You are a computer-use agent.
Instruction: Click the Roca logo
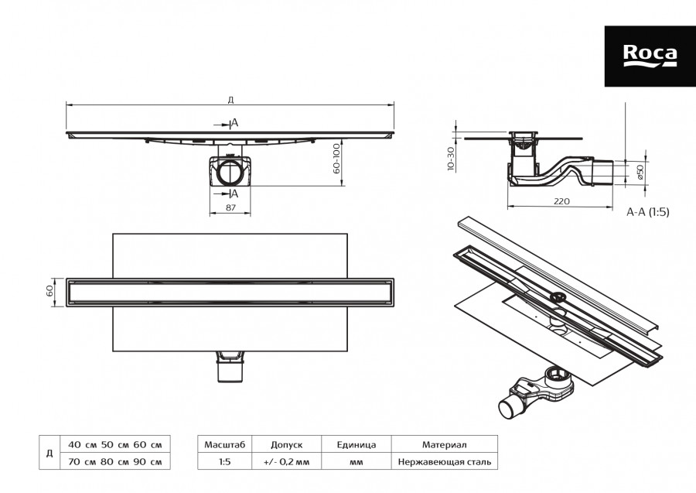pos(650,56)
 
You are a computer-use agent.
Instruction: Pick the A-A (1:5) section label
pos(647,211)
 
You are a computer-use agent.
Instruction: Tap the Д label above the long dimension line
pos(230,99)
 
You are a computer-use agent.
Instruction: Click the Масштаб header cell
pos(224,445)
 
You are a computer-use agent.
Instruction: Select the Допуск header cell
pos(286,445)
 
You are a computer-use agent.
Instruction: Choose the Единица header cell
pos(357,445)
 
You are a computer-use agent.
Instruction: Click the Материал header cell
pos(444,445)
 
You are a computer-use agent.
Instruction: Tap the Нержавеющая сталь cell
pos(444,462)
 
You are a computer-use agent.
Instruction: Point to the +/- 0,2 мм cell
pos(286,462)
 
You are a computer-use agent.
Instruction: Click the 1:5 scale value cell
pos(224,462)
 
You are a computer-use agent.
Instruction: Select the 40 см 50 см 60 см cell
pos(114,445)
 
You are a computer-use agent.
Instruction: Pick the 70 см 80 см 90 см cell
pos(114,462)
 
